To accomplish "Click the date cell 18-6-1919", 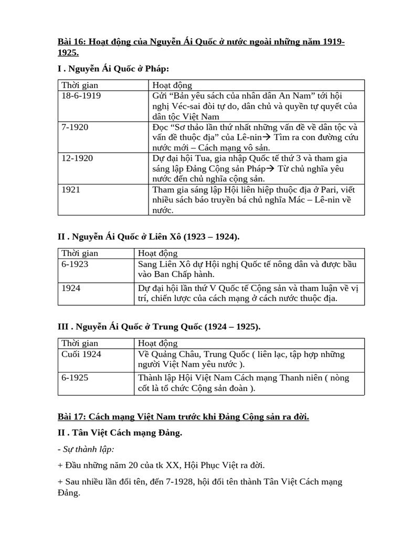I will [81, 96].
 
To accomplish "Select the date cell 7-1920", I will [75, 128].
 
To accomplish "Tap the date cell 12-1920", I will [77, 159].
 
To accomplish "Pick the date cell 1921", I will [71, 190].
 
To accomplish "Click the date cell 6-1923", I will [74, 264].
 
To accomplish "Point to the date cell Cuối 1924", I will [81, 354].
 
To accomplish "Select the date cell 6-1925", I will [74, 378].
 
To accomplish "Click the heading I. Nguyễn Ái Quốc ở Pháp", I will [113, 69].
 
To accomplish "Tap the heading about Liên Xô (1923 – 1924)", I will [148, 237].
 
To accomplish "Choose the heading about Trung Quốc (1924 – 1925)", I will [158, 327].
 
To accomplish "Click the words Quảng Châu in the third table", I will [171, 354].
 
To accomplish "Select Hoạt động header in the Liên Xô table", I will [157, 253].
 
